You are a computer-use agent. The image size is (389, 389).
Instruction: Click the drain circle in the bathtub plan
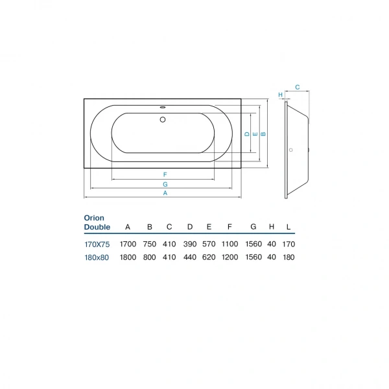pos(163,120)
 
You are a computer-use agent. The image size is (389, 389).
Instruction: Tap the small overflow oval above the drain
pos(163,107)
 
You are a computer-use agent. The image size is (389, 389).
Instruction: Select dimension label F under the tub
pos(165,174)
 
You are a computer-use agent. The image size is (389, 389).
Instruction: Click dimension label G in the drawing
pos(165,184)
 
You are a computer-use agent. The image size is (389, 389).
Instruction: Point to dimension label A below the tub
pos(165,193)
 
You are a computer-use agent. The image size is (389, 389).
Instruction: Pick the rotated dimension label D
pos(247,134)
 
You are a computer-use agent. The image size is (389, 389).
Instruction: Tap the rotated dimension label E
pos(255,134)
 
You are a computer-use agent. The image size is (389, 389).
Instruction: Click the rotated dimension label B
pos(263,134)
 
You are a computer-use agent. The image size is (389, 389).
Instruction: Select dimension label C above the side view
pos(298,88)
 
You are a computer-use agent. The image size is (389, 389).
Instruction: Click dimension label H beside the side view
pos(280,95)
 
